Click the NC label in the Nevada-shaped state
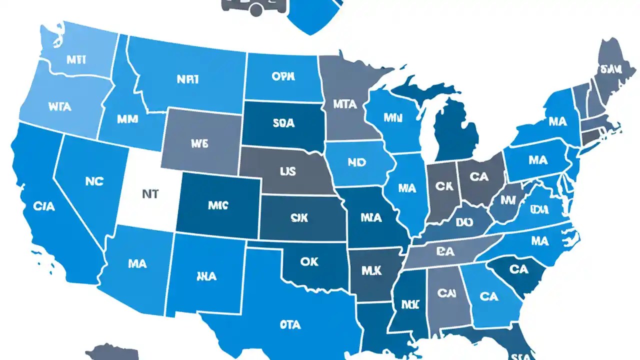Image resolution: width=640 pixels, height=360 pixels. click(x=94, y=181)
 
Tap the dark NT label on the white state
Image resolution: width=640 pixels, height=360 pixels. click(x=150, y=194)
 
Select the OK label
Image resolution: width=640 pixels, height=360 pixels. click(x=309, y=262)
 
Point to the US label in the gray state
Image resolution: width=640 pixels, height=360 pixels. click(x=287, y=171)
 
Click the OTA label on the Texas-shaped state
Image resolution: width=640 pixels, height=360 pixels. click(x=290, y=324)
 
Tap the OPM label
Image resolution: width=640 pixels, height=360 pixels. click(x=283, y=77)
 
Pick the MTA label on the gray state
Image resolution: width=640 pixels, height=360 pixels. click(x=345, y=104)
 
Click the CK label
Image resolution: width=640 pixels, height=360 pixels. click(x=443, y=186)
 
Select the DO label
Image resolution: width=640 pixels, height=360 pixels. click(x=464, y=221)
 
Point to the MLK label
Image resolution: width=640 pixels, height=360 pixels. click(x=371, y=270)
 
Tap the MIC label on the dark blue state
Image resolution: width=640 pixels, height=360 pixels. click(x=217, y=205)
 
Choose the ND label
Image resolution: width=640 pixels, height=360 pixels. click(x=356, y=162)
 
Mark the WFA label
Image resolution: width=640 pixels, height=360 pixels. click(x=59, y=106)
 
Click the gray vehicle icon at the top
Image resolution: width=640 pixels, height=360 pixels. click(x=253, y=6)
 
